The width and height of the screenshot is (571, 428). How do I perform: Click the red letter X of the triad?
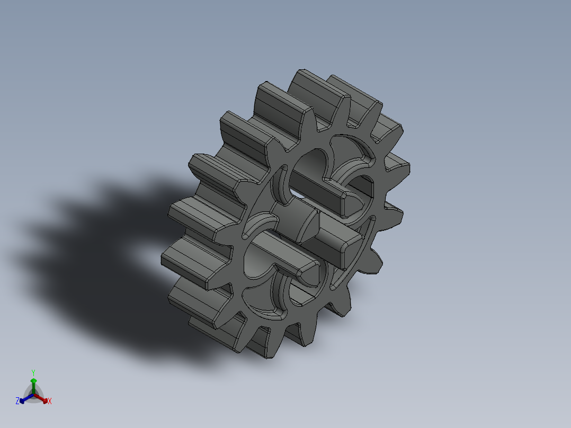(x=50, y=402)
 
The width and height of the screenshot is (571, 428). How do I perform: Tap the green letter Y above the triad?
(x=33, y=372)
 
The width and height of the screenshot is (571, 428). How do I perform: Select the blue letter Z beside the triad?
(x=17, y=401)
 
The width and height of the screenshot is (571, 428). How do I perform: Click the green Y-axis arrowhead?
(x=33, y=380)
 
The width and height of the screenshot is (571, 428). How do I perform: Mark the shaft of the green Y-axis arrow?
(x=33, y=388)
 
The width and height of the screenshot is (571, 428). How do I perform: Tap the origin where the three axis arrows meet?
(x=33, y=395)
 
